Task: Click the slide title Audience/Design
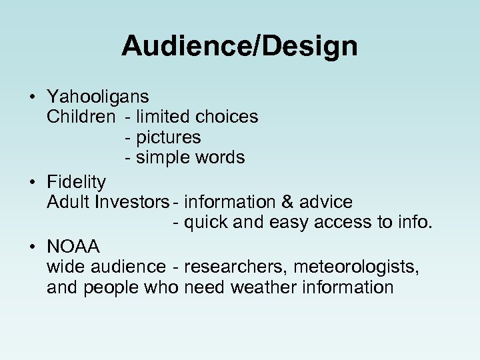pos(239,46)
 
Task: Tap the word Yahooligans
pos(98,97)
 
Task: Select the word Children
pos(81,117)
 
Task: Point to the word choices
pos(227,117)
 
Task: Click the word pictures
pos(167,137)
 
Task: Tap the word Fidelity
pos(76,181)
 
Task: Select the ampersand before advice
pos(293,201)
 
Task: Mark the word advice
pos(327,201)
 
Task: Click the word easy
pos(291,222)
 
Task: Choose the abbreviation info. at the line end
pos(415,222)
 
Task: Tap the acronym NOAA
pos(73,247)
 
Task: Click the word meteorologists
pos(353,267)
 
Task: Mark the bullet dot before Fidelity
pos(33,182)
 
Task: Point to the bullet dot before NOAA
pos(33,247)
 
